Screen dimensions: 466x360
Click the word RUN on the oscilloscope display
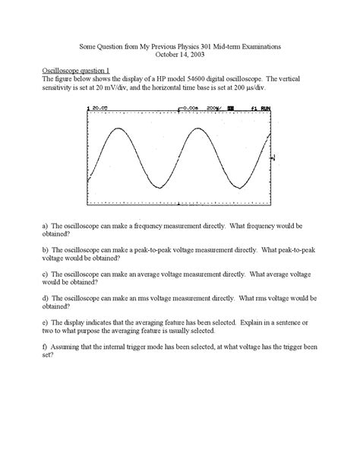pyautogui.click(x=264, y=108)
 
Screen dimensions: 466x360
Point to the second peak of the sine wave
pyautogui.click(x=194, y=130)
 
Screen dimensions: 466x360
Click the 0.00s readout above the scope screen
pyautogui.click(x=189, y=108)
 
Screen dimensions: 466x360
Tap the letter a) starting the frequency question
pyautogui.click(x=46, y=226)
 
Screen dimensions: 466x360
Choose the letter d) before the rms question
pyautogui.click(x=46, y=298)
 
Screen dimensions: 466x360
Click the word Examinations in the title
pyautogui.click(x=260, y=46)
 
